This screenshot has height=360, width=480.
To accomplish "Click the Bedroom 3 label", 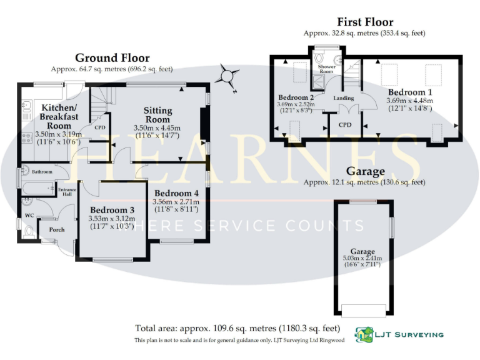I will [112, 209].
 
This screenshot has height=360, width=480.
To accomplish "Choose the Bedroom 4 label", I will [176, 192].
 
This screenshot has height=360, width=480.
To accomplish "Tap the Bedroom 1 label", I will [410, 92].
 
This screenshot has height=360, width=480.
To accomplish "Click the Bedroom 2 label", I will [296, 97].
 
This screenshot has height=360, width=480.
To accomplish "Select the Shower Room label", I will [327, 68].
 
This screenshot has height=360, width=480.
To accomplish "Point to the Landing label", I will [344, 98].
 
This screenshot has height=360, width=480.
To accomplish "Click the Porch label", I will [49, 230].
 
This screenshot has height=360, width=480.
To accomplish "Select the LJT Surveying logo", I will [399, 334].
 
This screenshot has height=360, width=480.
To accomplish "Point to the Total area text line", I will [237, 327].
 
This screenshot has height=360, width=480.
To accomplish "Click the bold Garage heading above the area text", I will [366, 171].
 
